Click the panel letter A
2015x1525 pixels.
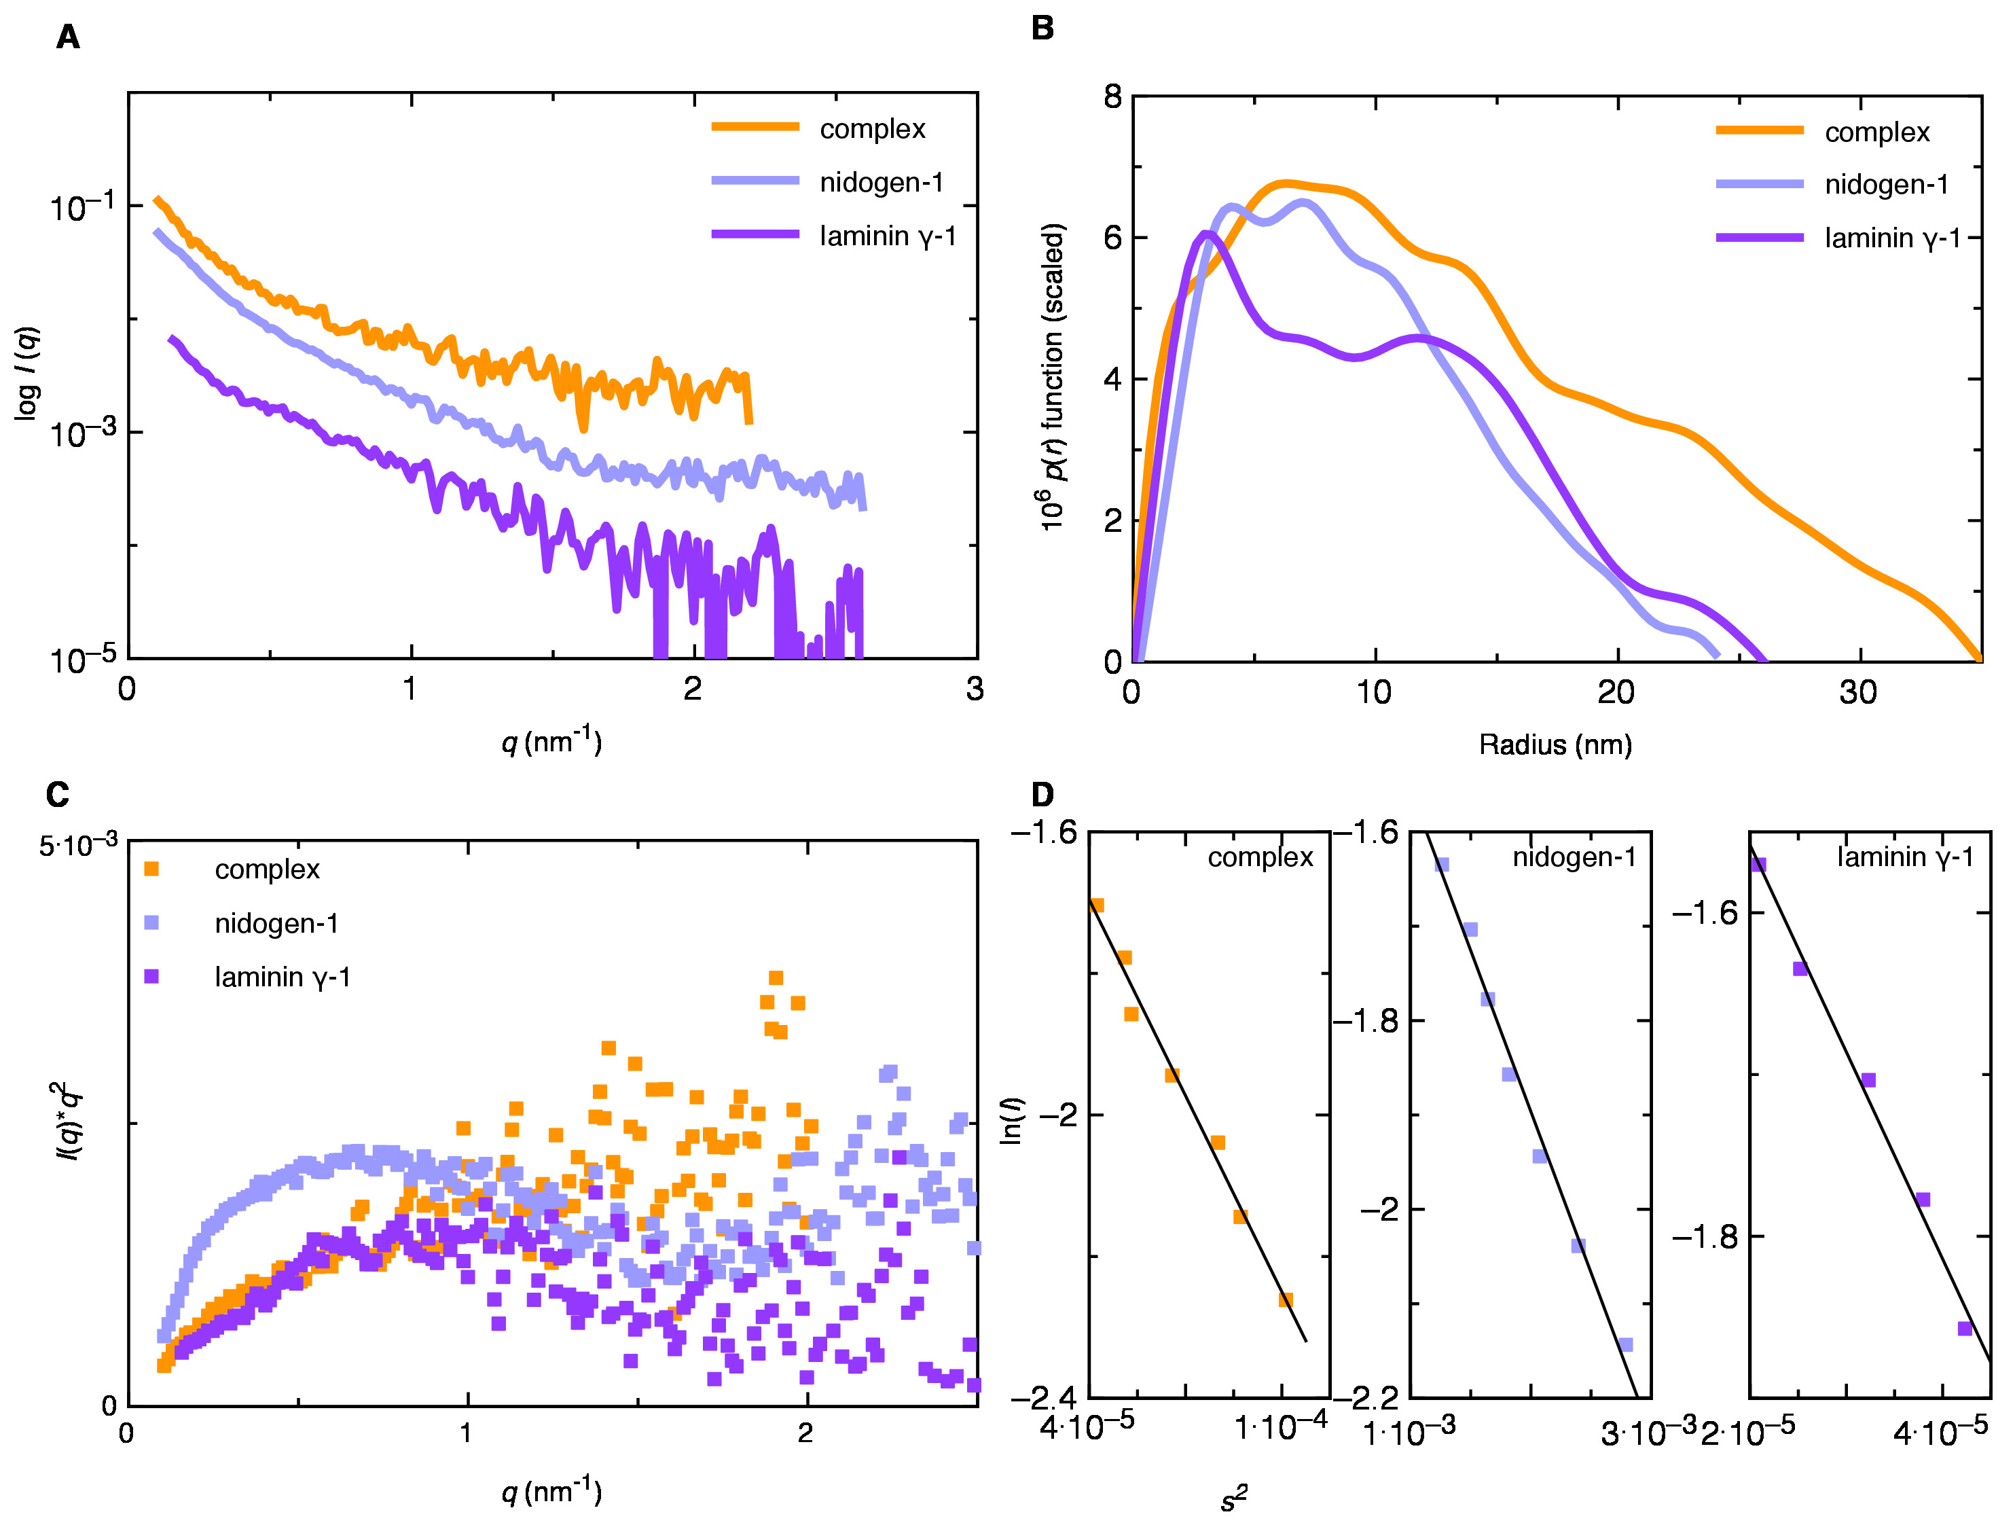coord(69,37)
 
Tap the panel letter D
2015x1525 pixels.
coord(1042,794)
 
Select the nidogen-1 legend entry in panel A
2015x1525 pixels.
coord(881,182)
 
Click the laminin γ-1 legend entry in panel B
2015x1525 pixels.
coord(1892,238)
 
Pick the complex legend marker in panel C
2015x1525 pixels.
coord(152,869)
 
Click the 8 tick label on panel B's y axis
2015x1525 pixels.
coord(1112,96)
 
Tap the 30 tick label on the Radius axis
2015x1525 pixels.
coord(1857,694)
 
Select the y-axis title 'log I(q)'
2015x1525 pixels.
coord(27,374)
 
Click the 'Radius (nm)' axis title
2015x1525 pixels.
coord(1555,745)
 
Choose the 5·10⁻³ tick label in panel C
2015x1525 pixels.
coord(78,846)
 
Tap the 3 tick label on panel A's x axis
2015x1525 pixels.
coord(975,689)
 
